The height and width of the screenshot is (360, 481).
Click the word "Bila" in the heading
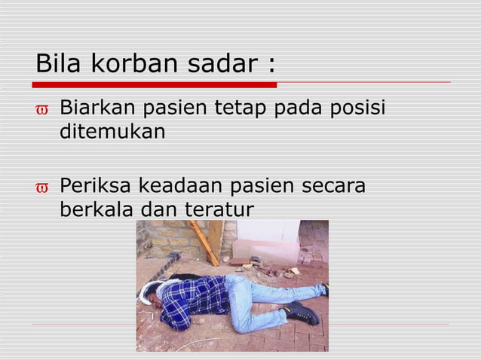60,64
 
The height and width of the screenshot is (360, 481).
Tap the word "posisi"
356,110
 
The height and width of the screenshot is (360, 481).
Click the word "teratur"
218,208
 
